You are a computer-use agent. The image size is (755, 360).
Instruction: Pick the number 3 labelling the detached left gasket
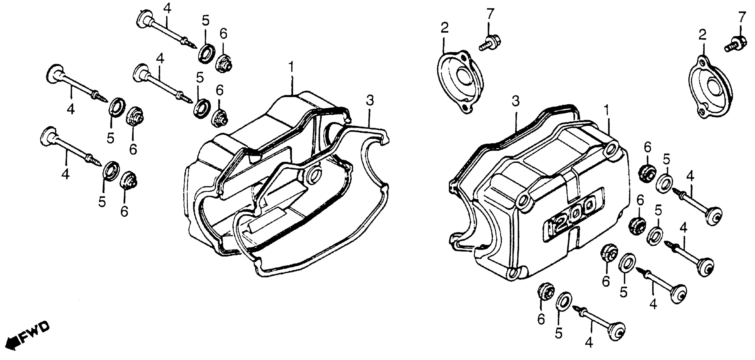370,101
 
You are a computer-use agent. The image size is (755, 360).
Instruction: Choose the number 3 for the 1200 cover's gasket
515,101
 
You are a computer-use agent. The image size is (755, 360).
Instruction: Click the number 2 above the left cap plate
444,28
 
